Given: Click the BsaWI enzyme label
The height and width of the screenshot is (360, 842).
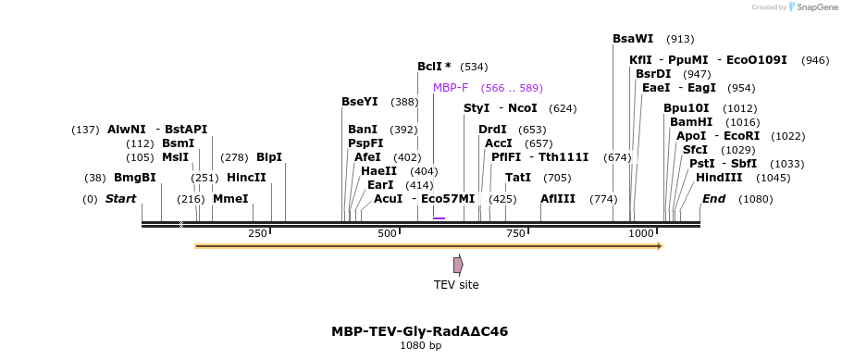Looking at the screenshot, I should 633,39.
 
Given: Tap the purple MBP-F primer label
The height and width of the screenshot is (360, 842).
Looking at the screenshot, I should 451,88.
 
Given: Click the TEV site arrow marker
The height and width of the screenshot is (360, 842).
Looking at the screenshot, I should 458,265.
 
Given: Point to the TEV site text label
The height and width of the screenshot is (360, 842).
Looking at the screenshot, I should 456,285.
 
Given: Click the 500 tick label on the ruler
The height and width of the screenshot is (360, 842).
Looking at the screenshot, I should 388,233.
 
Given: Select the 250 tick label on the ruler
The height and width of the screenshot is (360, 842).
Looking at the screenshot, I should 257,233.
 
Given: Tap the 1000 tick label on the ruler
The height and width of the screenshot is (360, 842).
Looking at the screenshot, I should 641,233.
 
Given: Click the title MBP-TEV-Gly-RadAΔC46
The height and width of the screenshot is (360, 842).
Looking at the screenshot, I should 420,331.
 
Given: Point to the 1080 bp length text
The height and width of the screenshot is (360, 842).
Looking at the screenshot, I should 420,346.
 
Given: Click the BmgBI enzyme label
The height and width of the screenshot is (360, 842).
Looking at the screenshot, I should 135,178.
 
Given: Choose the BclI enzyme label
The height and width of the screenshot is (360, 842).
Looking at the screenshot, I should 434,67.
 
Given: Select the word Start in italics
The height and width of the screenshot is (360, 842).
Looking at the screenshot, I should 120,199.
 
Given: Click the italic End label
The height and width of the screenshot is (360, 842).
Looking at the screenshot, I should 713,199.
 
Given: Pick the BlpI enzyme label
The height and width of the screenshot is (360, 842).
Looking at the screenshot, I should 269,157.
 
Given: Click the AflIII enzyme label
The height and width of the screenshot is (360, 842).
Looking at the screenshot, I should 558,199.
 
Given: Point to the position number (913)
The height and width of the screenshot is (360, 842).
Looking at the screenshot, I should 680,39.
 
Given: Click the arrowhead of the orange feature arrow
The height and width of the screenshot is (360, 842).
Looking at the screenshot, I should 659,246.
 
